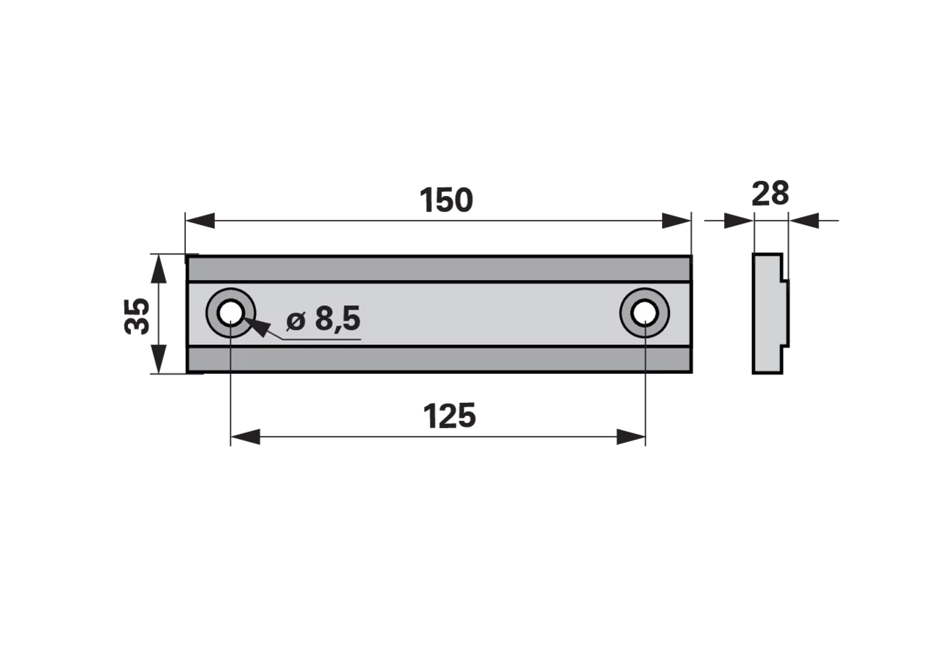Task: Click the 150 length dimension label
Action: click(446, 200)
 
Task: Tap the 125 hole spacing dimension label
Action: click(449, 416)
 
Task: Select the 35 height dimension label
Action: click(137, 316)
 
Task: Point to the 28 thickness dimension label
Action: click(770, 193)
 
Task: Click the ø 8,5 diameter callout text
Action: click(323, 318)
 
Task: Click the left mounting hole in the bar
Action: click(231, 313)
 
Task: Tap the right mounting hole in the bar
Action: click(645, 313)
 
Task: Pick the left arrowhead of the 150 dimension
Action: click(200, 221)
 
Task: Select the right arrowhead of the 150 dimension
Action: click(676, 221)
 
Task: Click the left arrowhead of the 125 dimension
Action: click(245, 437)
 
